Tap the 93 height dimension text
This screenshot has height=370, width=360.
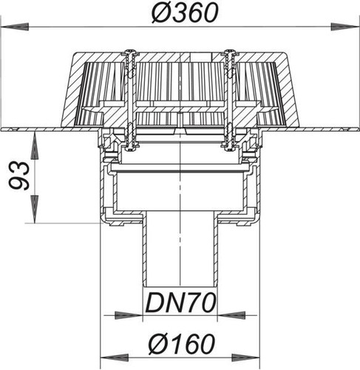(x=19, y=175)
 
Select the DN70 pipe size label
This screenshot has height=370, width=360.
(x=180, y=303)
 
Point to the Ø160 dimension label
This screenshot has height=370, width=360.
(x=182, y=344)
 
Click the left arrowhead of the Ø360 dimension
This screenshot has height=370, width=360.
(x=15, y=27)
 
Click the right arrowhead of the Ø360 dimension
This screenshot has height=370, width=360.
(x=344, y=27)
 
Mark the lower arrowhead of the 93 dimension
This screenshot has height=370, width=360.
(x=35, y=209)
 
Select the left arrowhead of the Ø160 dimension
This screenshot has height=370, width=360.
(x=114, y=358)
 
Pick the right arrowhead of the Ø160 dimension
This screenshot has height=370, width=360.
(x=245, y=358)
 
